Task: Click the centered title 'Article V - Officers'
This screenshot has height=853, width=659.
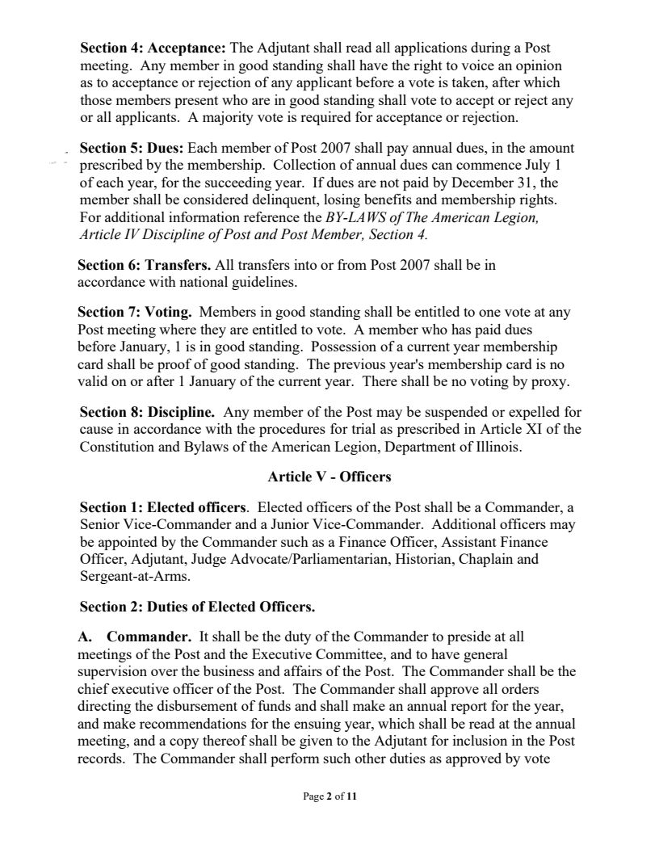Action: [329, 477]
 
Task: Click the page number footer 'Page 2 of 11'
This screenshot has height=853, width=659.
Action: [329, 796]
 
